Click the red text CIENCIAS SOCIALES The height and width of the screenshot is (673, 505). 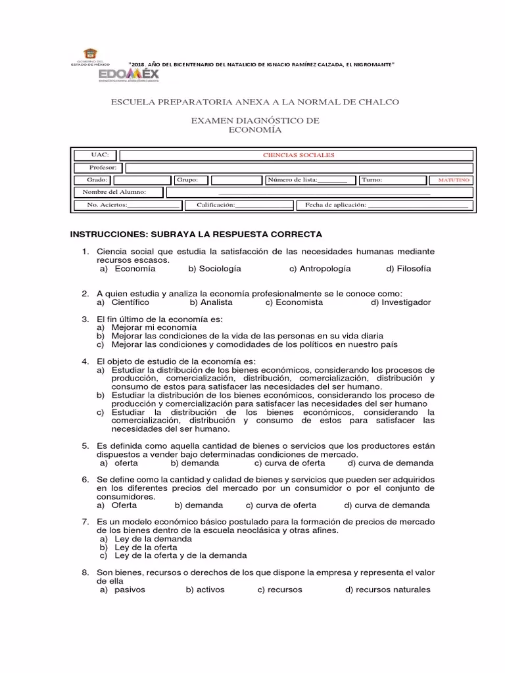(x=299, y=155)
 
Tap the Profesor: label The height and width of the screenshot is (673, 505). (x=103, y=168)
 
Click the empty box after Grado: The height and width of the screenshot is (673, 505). (x=141, y=179)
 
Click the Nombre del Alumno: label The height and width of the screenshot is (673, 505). (x=114, y=192)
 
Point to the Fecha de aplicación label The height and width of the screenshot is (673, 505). (x=335, y=205)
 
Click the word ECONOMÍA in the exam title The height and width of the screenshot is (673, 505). (x=254, y=130)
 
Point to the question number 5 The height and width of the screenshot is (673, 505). (x=85, y=446)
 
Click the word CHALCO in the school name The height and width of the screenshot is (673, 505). (x=379, y=103)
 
